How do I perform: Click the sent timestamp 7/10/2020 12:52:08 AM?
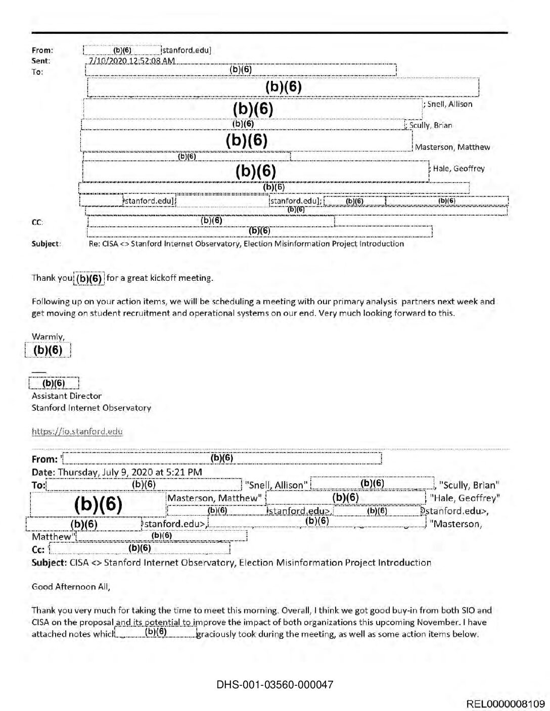pyautogui.click(x=131, y=61)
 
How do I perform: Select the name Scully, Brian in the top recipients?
pyautogui.click(x=431, y=125)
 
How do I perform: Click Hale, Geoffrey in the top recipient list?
pyautogui.click(x=459, y=169)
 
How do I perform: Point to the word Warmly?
pyautogui.click(x=48, y=337)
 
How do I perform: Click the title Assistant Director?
pyautogui.click(x=66, y=396)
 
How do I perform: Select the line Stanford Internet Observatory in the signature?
pyautogui.click(x=91, y=408)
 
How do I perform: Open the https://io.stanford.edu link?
pyautogui.click(x=77, y=431)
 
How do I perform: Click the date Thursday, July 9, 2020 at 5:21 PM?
pyautogui.click(x=130, y=472)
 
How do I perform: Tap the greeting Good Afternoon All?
pyautogui.click(x=70, y=586)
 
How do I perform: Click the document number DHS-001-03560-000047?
pyautogui.click(x=274, y=685)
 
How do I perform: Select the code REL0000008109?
pyautogui.click(x=506, y=704)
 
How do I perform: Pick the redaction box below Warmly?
pyautogui.click(x=48, y=350)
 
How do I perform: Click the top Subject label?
pyautogui.click(x=45, y=244)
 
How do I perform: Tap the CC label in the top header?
pyautogui.click(x=37, y=222)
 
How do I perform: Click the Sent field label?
pyautogui.click(x=40, y=61)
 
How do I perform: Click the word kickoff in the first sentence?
pyautogui.click(x=164, y=278)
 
